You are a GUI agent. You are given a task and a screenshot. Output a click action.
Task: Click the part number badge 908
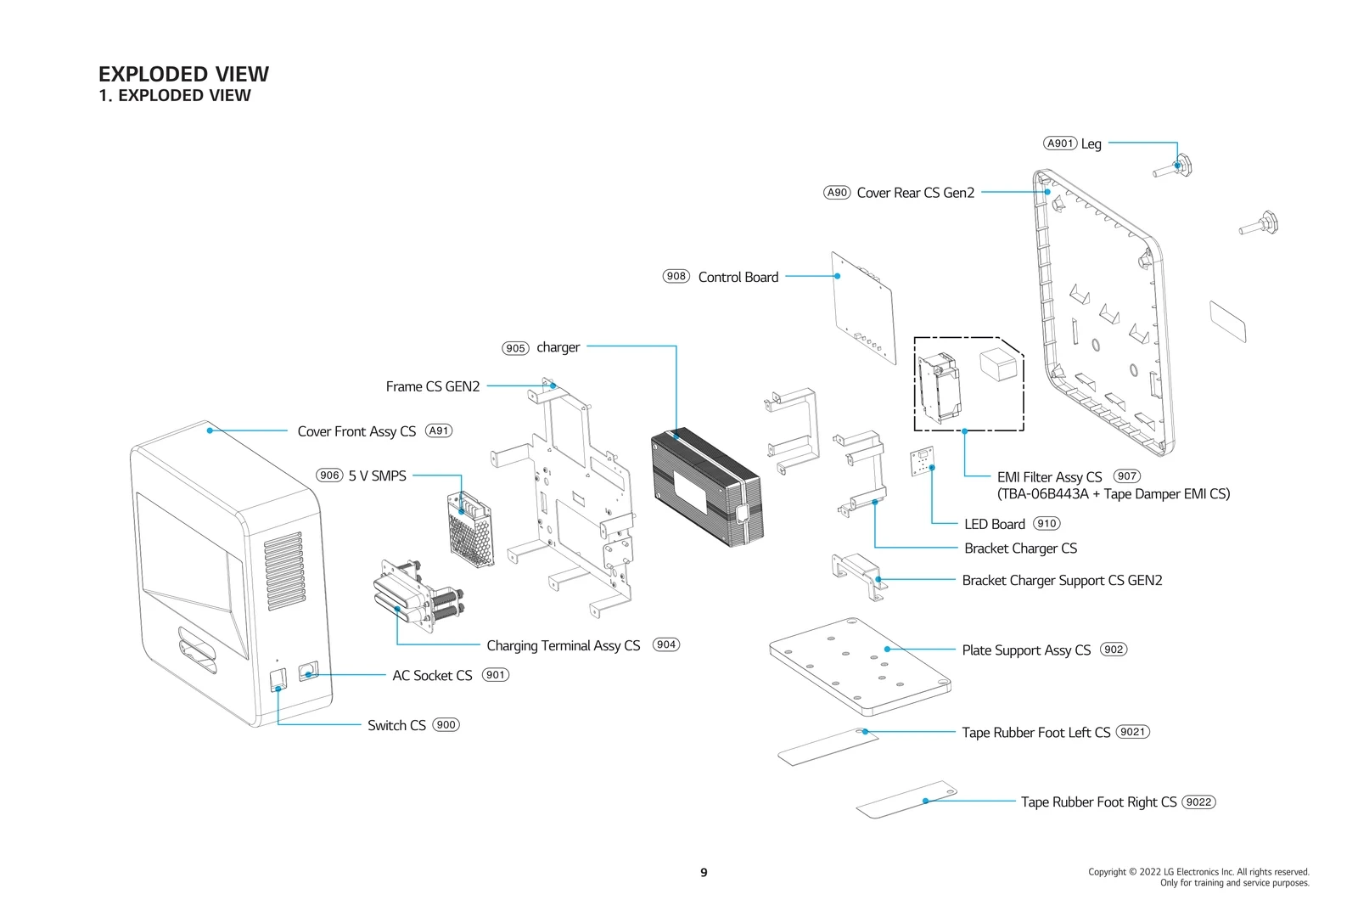tap(676, 276)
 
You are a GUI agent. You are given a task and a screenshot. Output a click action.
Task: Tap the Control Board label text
tap(738, 278)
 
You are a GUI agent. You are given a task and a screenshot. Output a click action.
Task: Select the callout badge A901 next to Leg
tap(1060, 143)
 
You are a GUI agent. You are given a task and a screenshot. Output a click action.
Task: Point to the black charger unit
tap(706, 488)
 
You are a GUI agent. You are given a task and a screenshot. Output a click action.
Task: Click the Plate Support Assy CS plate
tap(859, 667)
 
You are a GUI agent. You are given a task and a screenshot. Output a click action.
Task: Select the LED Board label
tap(994, 525)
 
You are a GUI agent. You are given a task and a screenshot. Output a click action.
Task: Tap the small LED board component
tap(923, 464)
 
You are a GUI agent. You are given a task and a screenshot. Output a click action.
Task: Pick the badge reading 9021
tap(1132, 732)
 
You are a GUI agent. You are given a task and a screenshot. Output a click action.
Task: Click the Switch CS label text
tap(396, 726)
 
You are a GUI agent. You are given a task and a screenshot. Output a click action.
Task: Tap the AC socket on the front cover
tap(308, 672)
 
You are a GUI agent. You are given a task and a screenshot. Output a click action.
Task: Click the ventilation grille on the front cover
tap(284, 571)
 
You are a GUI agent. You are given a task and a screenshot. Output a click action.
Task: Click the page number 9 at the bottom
tap(704, 873)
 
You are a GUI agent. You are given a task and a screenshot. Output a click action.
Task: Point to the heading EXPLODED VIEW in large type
tap(183, 75)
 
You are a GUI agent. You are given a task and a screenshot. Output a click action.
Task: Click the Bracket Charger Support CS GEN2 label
tap(1062, 581)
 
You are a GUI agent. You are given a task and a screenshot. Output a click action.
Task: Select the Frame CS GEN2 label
tap(432, 387)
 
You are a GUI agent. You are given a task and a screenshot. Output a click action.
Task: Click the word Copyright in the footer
tap(1106, 872)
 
